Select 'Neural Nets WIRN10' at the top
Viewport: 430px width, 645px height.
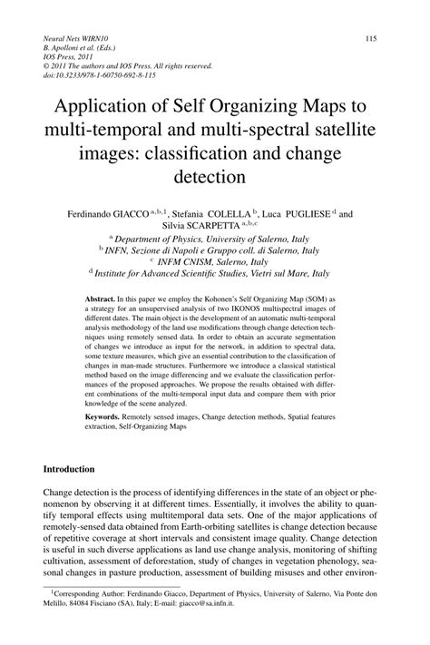[x=75, y=38]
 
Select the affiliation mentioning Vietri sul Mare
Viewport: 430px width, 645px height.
[x=214, y=271]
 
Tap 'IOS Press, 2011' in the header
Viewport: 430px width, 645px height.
[x=68, y=56]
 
